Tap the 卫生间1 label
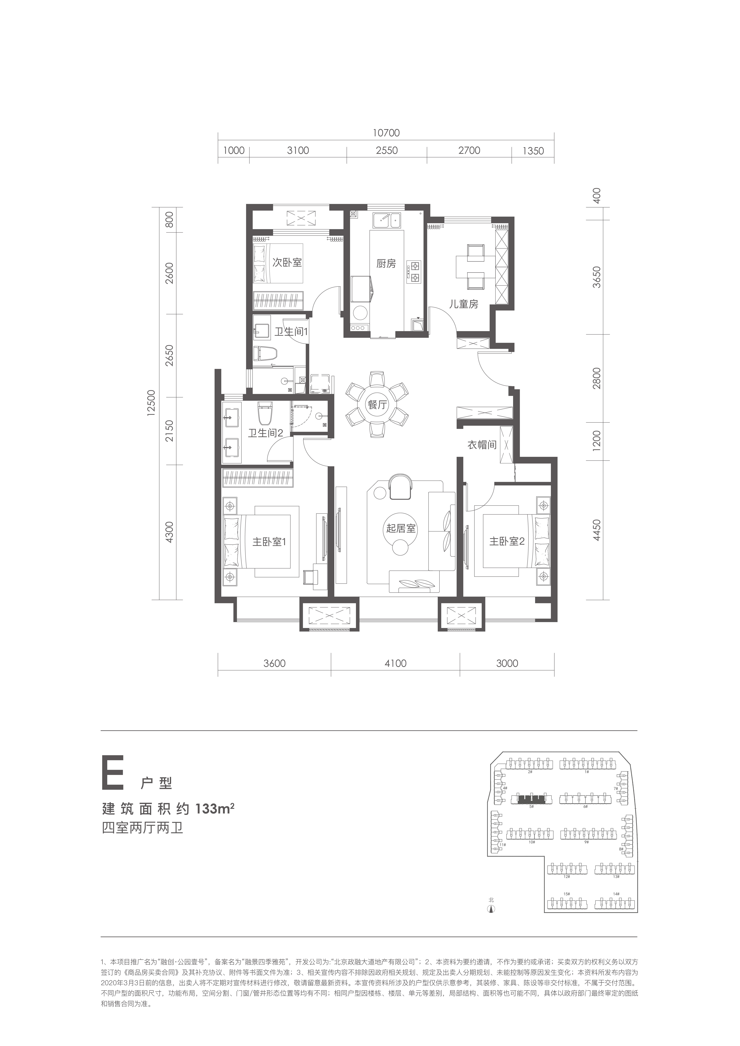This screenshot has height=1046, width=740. [291, 332]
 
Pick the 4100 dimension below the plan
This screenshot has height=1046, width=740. [395, 663]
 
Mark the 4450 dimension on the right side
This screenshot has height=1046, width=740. [597, 530]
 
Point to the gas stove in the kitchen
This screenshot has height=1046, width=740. [415, 272]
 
